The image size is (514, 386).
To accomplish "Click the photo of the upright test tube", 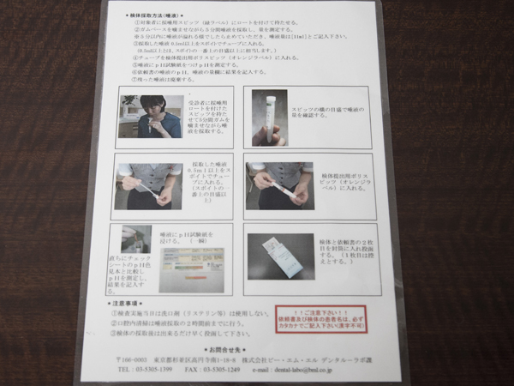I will (x=269, y=117).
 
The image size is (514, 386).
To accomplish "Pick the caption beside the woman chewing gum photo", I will (x=205, y=117).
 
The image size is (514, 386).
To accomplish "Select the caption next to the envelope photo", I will (x=341, y=256).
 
